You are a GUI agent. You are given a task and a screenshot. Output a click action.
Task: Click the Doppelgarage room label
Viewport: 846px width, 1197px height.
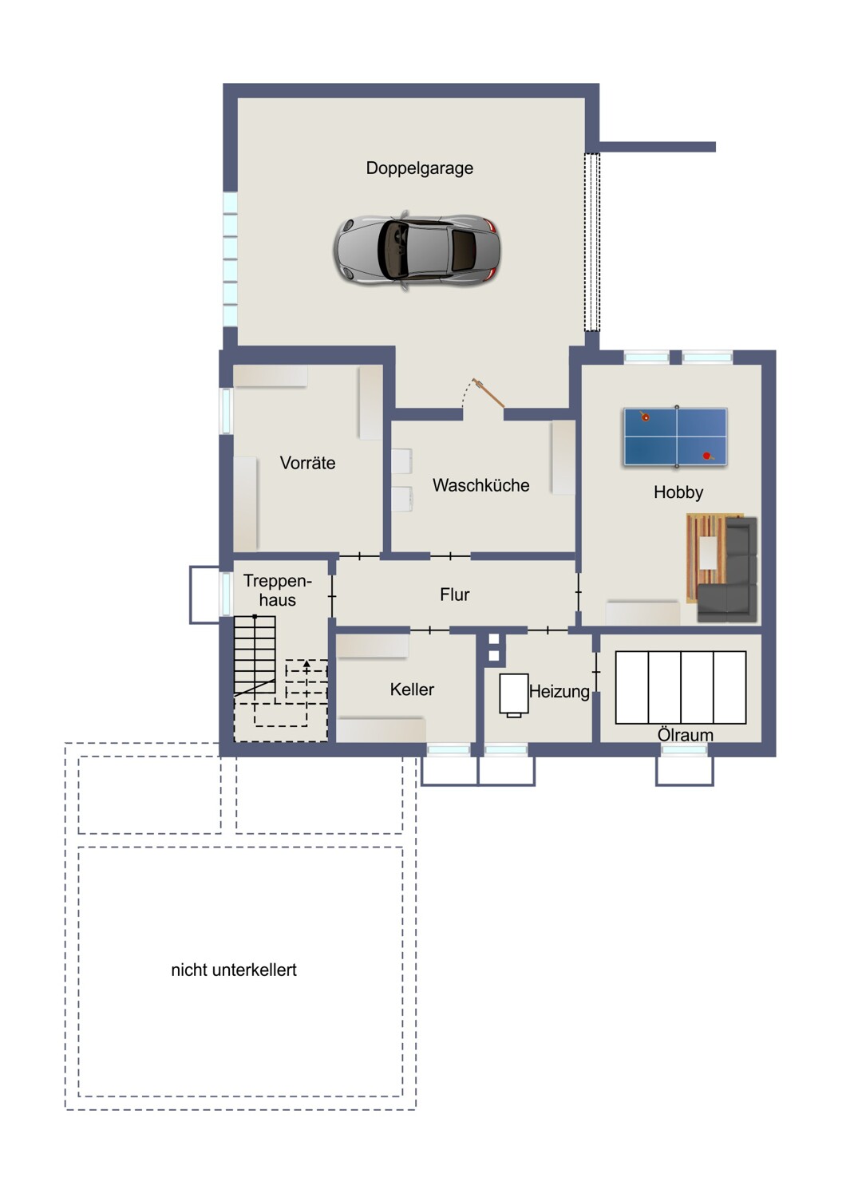(420, 168)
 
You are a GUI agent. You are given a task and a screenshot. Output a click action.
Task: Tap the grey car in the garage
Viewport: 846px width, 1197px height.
(417, 251)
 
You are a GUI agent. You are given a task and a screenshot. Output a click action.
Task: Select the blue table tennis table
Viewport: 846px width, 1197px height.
(675, 437)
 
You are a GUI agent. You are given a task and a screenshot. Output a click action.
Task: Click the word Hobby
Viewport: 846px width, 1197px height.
(678, 492)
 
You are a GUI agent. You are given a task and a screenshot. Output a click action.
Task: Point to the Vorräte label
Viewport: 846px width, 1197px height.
(308, 463)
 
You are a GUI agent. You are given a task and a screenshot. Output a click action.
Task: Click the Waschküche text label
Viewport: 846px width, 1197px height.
(481, 485)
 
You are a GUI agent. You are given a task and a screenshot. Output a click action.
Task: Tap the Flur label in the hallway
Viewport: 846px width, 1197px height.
(455, 595)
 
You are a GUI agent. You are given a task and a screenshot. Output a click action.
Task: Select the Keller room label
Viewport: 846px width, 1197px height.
(412, 689)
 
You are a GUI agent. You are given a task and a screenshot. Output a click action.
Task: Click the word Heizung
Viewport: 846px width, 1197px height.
(559, 692)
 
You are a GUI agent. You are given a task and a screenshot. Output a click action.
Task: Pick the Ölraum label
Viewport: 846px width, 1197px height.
(685, 735)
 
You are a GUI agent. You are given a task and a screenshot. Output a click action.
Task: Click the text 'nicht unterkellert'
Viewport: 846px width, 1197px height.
(234, 970)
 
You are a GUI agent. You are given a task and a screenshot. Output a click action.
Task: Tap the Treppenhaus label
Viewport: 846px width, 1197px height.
(278, 591)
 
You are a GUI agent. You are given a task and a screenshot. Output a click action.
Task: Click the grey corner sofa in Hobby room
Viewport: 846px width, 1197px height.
(727, 570)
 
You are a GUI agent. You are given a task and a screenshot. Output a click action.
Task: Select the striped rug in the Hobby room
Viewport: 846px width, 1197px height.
(706, 558)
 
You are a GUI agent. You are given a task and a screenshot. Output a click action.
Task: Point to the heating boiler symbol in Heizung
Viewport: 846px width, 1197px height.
(514, 695)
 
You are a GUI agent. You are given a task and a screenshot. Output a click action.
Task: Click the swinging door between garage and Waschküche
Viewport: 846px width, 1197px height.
(488, 393)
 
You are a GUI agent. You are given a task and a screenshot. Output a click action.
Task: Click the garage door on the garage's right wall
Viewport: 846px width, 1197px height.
(591, 242)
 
